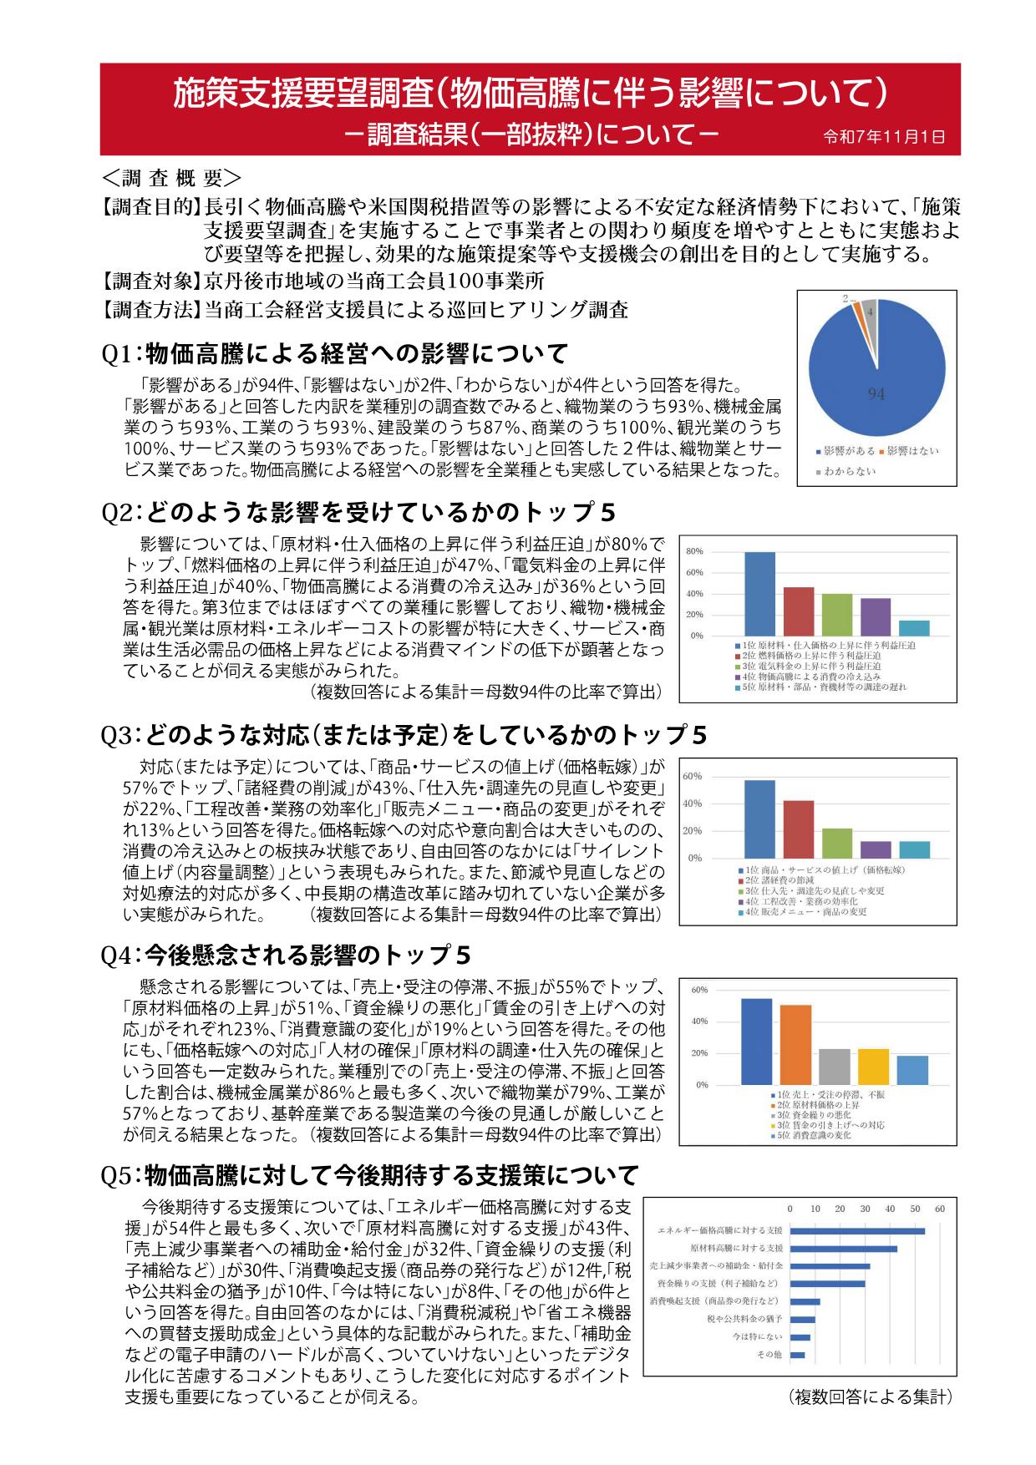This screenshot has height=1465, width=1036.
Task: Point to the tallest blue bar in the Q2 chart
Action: (x=759, y=593)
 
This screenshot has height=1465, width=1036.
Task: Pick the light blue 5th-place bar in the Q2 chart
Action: (x=913, y=628)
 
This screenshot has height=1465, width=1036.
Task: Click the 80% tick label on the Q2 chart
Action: (x=694, y=552)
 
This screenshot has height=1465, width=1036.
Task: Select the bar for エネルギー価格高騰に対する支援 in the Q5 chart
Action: (x=857, y=1231)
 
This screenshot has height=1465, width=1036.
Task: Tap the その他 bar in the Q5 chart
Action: (x=797, y=1355)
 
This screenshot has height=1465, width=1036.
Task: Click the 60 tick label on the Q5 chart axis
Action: (x=940, y=1209)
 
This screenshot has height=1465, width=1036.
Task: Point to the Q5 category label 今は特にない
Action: (x=763, y=1337)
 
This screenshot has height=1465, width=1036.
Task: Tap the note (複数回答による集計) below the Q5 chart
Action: (x=870, y=1397)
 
